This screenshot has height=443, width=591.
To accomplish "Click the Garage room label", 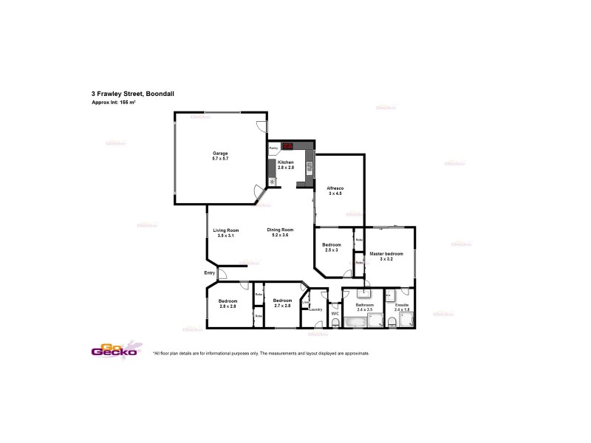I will pyautogui.click(x=220, y=154).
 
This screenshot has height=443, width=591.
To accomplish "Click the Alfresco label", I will pyautogui.click(x=335, y=188).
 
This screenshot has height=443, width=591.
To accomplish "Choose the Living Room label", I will pyautogui.click(x=226, y=230).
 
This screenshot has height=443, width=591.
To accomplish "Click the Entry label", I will pyautogui.click(x=210, y=273).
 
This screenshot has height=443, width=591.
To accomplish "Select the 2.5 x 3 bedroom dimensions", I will pyautogui.click(x=331, y=250).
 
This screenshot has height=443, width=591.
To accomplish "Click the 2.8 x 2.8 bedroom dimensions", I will pyautogui.click(x=228, y=306).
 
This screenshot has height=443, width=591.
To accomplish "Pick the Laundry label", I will pyautogui.click(x=316, y=309).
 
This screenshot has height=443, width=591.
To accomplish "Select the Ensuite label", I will pyautogui.click(x=402, y=305).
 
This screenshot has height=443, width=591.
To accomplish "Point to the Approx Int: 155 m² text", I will pyautogui.click(x=113, y=102).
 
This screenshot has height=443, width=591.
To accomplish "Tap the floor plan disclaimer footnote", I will pyautogui.click(x=260, y=354).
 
